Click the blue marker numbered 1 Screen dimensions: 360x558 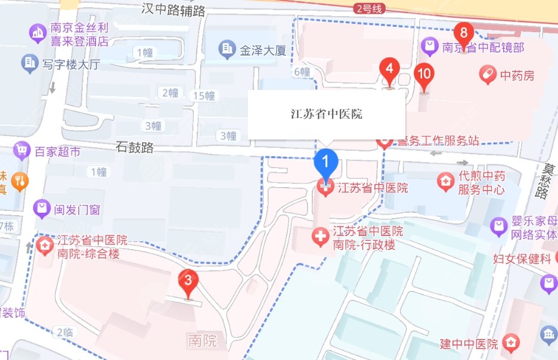(x=326, y=160)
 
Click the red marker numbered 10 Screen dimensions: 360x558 (x=424, y=74)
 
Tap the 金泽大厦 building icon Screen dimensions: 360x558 (x=227, y=49)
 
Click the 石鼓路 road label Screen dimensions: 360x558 (x=134, y=147)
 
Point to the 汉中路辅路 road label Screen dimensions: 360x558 (x=173, y=9)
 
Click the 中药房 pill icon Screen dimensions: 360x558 (x=488, y=75)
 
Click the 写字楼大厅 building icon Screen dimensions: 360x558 (x=29, y=63)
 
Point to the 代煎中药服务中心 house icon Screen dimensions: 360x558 (x=445, y=181)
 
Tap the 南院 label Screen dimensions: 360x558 (x=202, y=341)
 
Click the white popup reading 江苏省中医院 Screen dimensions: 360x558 (x=325, y=114)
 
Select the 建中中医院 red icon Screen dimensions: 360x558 (x=510, y=343)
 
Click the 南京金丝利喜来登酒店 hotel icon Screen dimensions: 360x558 (x=37, y=33)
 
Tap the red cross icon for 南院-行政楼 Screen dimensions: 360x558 (x=321, y=238)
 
